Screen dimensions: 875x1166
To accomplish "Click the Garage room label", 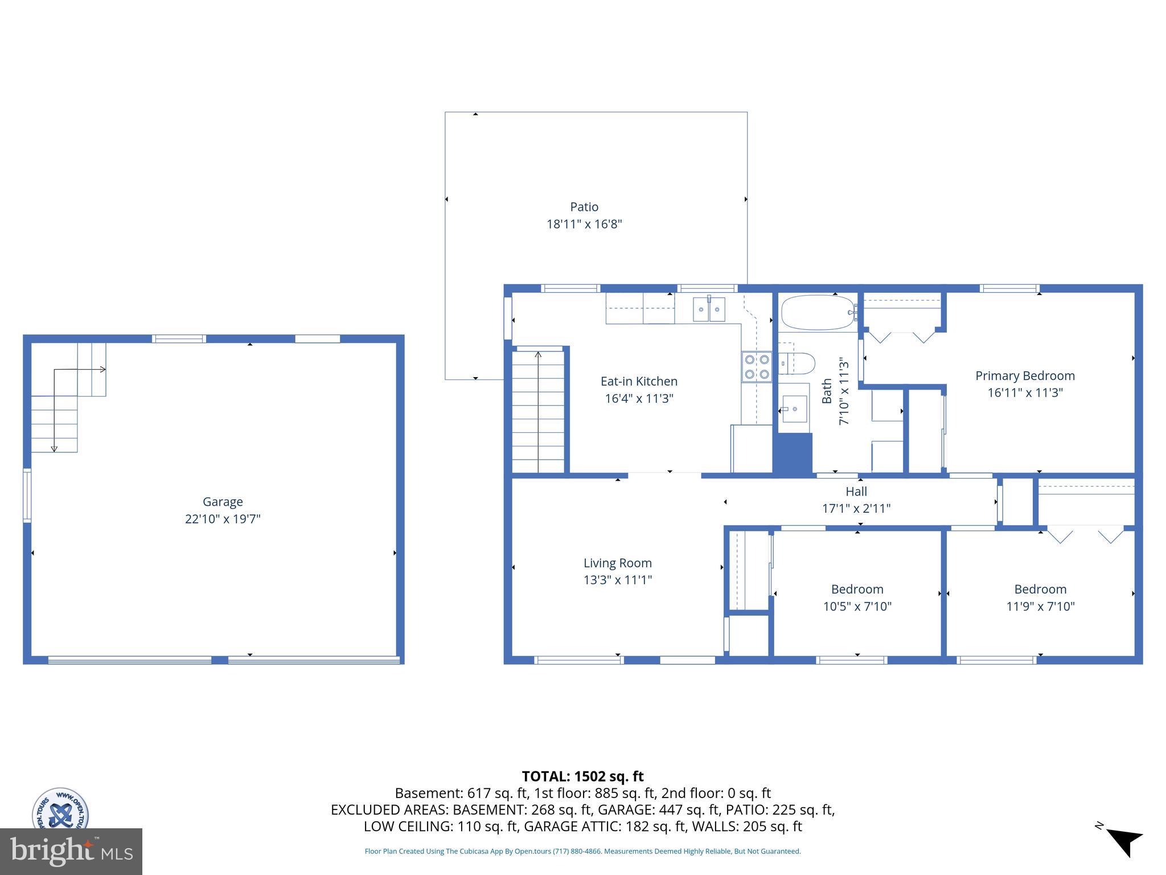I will point(223,501).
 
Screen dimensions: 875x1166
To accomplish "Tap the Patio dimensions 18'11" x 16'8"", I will point(584,224).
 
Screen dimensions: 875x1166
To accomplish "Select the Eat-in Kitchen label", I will point(639,381).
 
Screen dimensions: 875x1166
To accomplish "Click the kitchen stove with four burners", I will point(757,367).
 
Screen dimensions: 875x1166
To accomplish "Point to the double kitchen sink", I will point(709,309).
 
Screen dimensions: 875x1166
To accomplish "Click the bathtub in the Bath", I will point(818,312).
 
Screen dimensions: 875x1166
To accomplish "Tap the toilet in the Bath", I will point(798,363).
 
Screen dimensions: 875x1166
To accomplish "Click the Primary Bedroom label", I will point(1025,375).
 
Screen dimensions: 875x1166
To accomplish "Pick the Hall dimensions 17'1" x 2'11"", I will point(856,508).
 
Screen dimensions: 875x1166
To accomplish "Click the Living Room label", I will point(617,563).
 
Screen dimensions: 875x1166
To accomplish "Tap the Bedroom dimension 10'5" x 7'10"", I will point(857,606).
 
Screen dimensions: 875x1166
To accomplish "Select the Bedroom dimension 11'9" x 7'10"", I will point(1040,606).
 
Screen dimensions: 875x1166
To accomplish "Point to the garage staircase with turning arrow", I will point(65,399).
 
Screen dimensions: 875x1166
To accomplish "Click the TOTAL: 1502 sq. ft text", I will point(582,776).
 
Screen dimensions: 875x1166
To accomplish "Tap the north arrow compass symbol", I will point(1123,842).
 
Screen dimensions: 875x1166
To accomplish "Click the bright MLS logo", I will point(71,851).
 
